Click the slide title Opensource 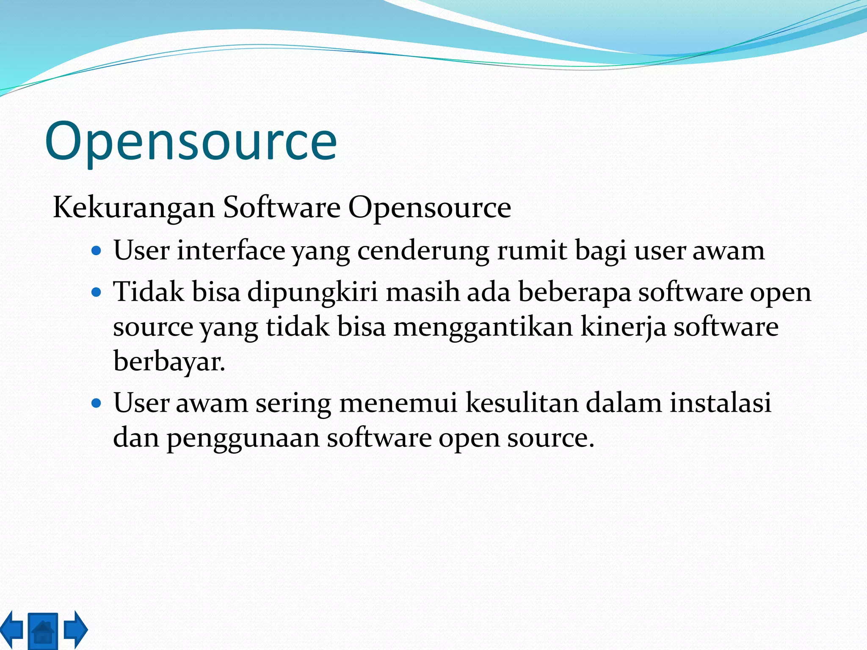click(x=191, y=142)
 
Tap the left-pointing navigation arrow click(x=12, y=629)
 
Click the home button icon click(x=43, y=631)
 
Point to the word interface click(x=231, y=250)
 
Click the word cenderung click(x=423, y=251)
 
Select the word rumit click(x=532, y=250)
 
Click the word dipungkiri click(x=312, y=293)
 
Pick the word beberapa click(x=574, y=293)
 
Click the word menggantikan click(x=483, y=328)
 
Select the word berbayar click(x=169, y=362)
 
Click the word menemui click(x=398, y=402)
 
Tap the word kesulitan click(x=522, y=402)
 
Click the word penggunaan click(x=243, y=438)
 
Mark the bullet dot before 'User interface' click(x=97, y=251)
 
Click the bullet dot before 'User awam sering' click(x=97, y=403)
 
